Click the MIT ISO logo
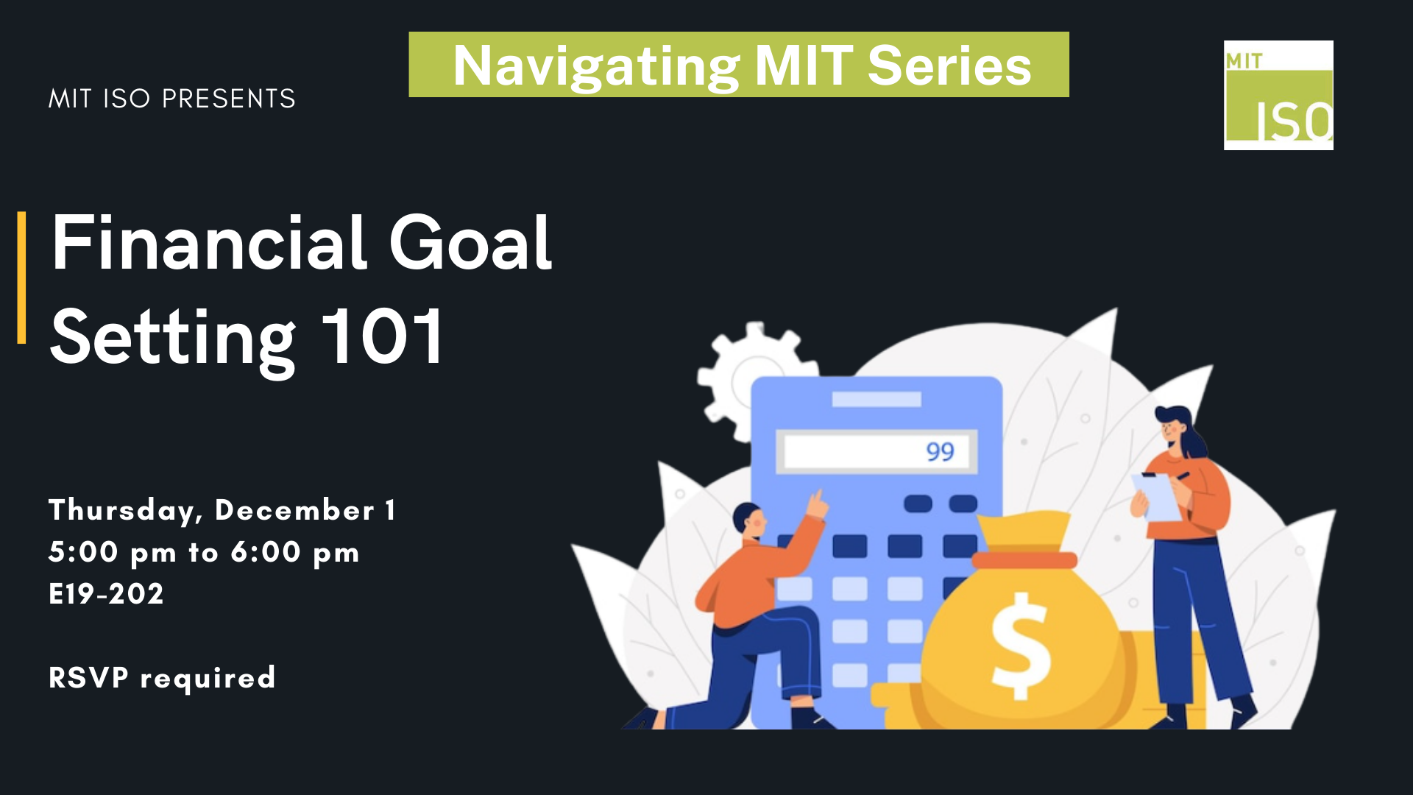pyautogui.click(x=1278, y=95)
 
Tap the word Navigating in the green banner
pyautogui.click(x=596, y=67)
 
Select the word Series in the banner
pyautogui.click(x=949, y=66)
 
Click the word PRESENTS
pyautogui.click(x=228, y=99)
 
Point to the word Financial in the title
pyautogui.click(x=209, y=242)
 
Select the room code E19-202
pyautogui.click(x=106, y=594)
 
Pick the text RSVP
pyautogui.click(x=88, y=677)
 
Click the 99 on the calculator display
pyautogui.click(x=940, y=451)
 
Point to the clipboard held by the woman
pyautogui.click(x=1157, y=497)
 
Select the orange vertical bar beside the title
pyautogui.click(x=21, y=278)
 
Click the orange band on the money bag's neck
pyautogui.click(x=1024, y=560)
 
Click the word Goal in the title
pyautogui.click(x=470, y=242)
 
